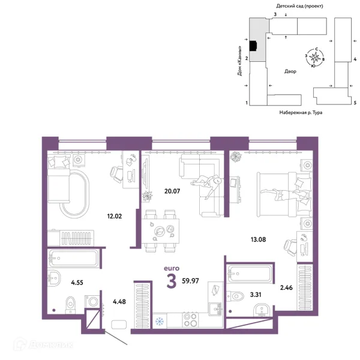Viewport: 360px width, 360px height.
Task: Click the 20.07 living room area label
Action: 172,191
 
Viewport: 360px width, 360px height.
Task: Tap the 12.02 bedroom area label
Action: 115,216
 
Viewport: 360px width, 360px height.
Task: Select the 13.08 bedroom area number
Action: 258,239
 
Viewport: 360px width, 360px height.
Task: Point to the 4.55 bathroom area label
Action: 77,283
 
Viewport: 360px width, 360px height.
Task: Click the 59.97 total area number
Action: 190,281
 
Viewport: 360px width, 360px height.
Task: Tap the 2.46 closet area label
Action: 286,287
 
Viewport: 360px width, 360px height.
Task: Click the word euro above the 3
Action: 172,268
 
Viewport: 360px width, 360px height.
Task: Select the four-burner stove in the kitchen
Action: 191,320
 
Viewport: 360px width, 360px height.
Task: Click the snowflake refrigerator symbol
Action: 159,321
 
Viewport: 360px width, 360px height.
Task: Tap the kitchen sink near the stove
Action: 215,309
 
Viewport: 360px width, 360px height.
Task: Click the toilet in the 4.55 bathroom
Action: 70,305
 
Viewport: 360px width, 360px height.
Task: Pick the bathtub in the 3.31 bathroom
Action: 249,274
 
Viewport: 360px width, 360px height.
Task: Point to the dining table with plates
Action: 160,231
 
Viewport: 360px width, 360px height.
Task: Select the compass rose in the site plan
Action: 315,57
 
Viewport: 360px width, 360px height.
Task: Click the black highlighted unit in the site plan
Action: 253,46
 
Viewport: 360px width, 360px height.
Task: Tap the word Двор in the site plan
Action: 290,71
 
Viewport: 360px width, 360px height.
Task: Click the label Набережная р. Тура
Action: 301,113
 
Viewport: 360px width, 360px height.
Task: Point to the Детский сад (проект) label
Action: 299,6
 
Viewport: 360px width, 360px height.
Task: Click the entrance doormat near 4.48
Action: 119,325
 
